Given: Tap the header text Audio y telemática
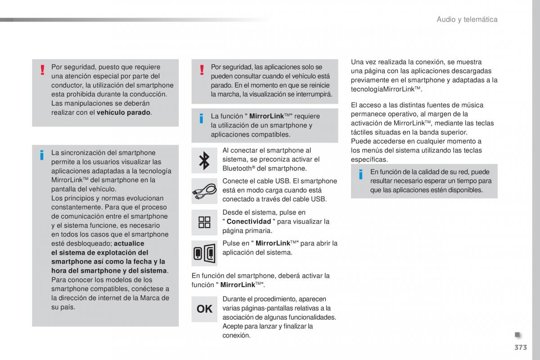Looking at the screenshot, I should click(x=467, y=19).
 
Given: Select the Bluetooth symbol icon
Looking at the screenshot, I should click(x=204, y=160).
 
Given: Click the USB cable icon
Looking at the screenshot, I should click(x=204, y=191).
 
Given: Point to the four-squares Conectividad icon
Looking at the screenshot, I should click(x=204, y=222).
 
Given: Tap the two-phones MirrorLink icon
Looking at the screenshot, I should click(x=204, y=253).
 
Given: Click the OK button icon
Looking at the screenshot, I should click(x=204, y=309).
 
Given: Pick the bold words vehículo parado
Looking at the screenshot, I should click(x=124, y=112).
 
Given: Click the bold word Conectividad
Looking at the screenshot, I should click(x=249, y=221).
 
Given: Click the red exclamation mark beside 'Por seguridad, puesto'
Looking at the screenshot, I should click(x=42, y=70).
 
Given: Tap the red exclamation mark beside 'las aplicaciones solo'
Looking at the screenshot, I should click(x=202, y=70).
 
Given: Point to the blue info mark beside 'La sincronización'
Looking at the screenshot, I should click(x=42, y=156).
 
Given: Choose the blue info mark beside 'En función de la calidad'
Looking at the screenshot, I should click(x=361, y=175).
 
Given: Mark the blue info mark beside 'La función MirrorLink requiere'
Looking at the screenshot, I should click(x=202, y=119).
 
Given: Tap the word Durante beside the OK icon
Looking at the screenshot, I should click(x=234, y=299).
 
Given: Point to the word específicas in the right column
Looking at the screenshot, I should click(x=369, y=159).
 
